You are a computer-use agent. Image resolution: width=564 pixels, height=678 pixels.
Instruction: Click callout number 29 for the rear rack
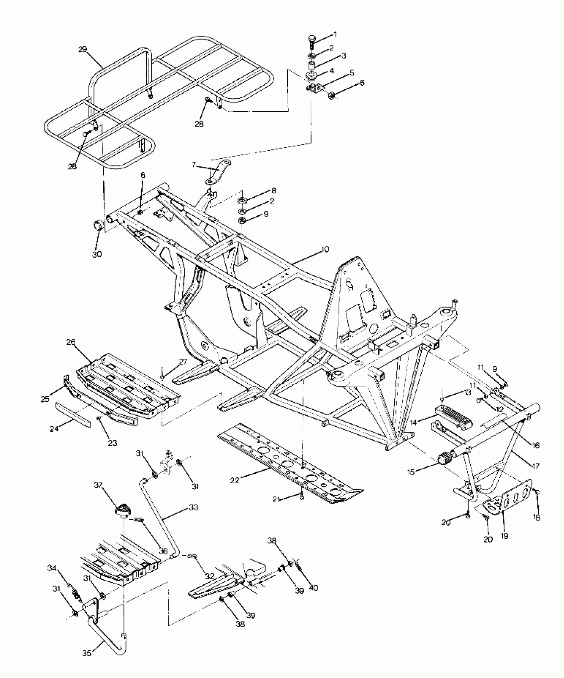pyautogui.click(x=83, y=49)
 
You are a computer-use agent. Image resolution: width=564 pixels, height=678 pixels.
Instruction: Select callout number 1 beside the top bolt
pyautogui.click(x=335, y=34)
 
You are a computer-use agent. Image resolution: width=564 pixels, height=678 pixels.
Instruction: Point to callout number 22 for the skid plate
pyautogui.click(x=235, y=480)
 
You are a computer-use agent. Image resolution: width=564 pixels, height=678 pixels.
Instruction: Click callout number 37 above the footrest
pyautogui.click(x=98, y=495)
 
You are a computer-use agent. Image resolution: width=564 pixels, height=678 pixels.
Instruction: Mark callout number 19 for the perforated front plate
pyautogui.click(x=505, y=536)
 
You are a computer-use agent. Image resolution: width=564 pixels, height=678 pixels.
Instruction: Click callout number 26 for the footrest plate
pyautogui.click(x=71, y=342)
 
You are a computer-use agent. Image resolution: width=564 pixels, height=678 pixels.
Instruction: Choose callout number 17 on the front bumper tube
pyautogui.click(x=536, y=466)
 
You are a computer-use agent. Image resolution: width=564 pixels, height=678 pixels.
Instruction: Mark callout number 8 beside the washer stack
pyautogui.click(x=274, y=191)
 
